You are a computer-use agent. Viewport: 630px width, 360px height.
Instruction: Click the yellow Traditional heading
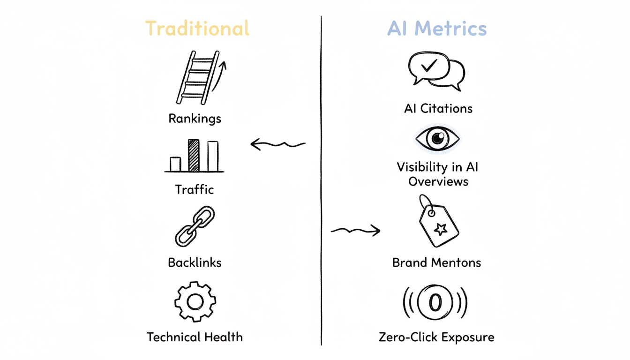[x=197, y=29]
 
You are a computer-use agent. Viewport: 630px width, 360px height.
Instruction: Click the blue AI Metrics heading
[x=437, y=29]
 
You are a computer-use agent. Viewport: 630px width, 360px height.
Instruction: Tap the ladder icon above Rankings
[x=197, y=77]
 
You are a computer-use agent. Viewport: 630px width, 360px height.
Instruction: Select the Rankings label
[x=195, y=118]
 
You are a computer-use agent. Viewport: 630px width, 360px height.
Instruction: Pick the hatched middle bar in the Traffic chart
[x=194, y=155]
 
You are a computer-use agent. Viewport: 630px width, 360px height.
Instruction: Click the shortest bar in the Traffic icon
[x=175, y=164]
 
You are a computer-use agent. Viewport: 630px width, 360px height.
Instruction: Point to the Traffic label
[x=195, y=190]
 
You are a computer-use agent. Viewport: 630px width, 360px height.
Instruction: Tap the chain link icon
[x=195, y=227]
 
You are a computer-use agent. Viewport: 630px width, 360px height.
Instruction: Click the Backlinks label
[x=195, y=262]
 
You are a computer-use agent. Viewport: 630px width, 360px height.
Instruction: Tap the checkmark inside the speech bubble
[x=429, y=67]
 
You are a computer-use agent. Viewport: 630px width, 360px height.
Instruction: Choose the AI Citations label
[x=438, y=109]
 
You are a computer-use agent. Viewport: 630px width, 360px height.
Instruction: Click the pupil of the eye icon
[x=438, y=138]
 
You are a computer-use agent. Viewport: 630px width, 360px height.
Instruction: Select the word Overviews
[x=438, y=181]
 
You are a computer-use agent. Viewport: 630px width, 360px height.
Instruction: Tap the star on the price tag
[x=440, y=229]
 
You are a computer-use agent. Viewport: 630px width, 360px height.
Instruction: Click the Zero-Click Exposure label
[x=436, y=337]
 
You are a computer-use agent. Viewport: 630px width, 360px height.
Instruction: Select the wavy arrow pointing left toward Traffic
[x=278, y=144]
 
